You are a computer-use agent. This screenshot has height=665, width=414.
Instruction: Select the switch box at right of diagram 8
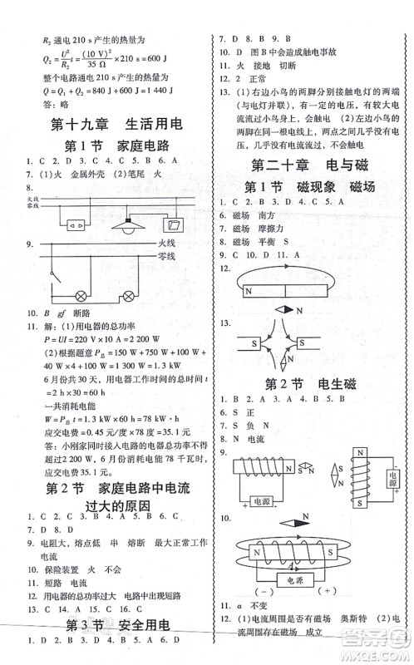click(177, 224)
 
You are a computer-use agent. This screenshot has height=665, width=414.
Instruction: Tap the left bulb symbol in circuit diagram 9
click(81, 296)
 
